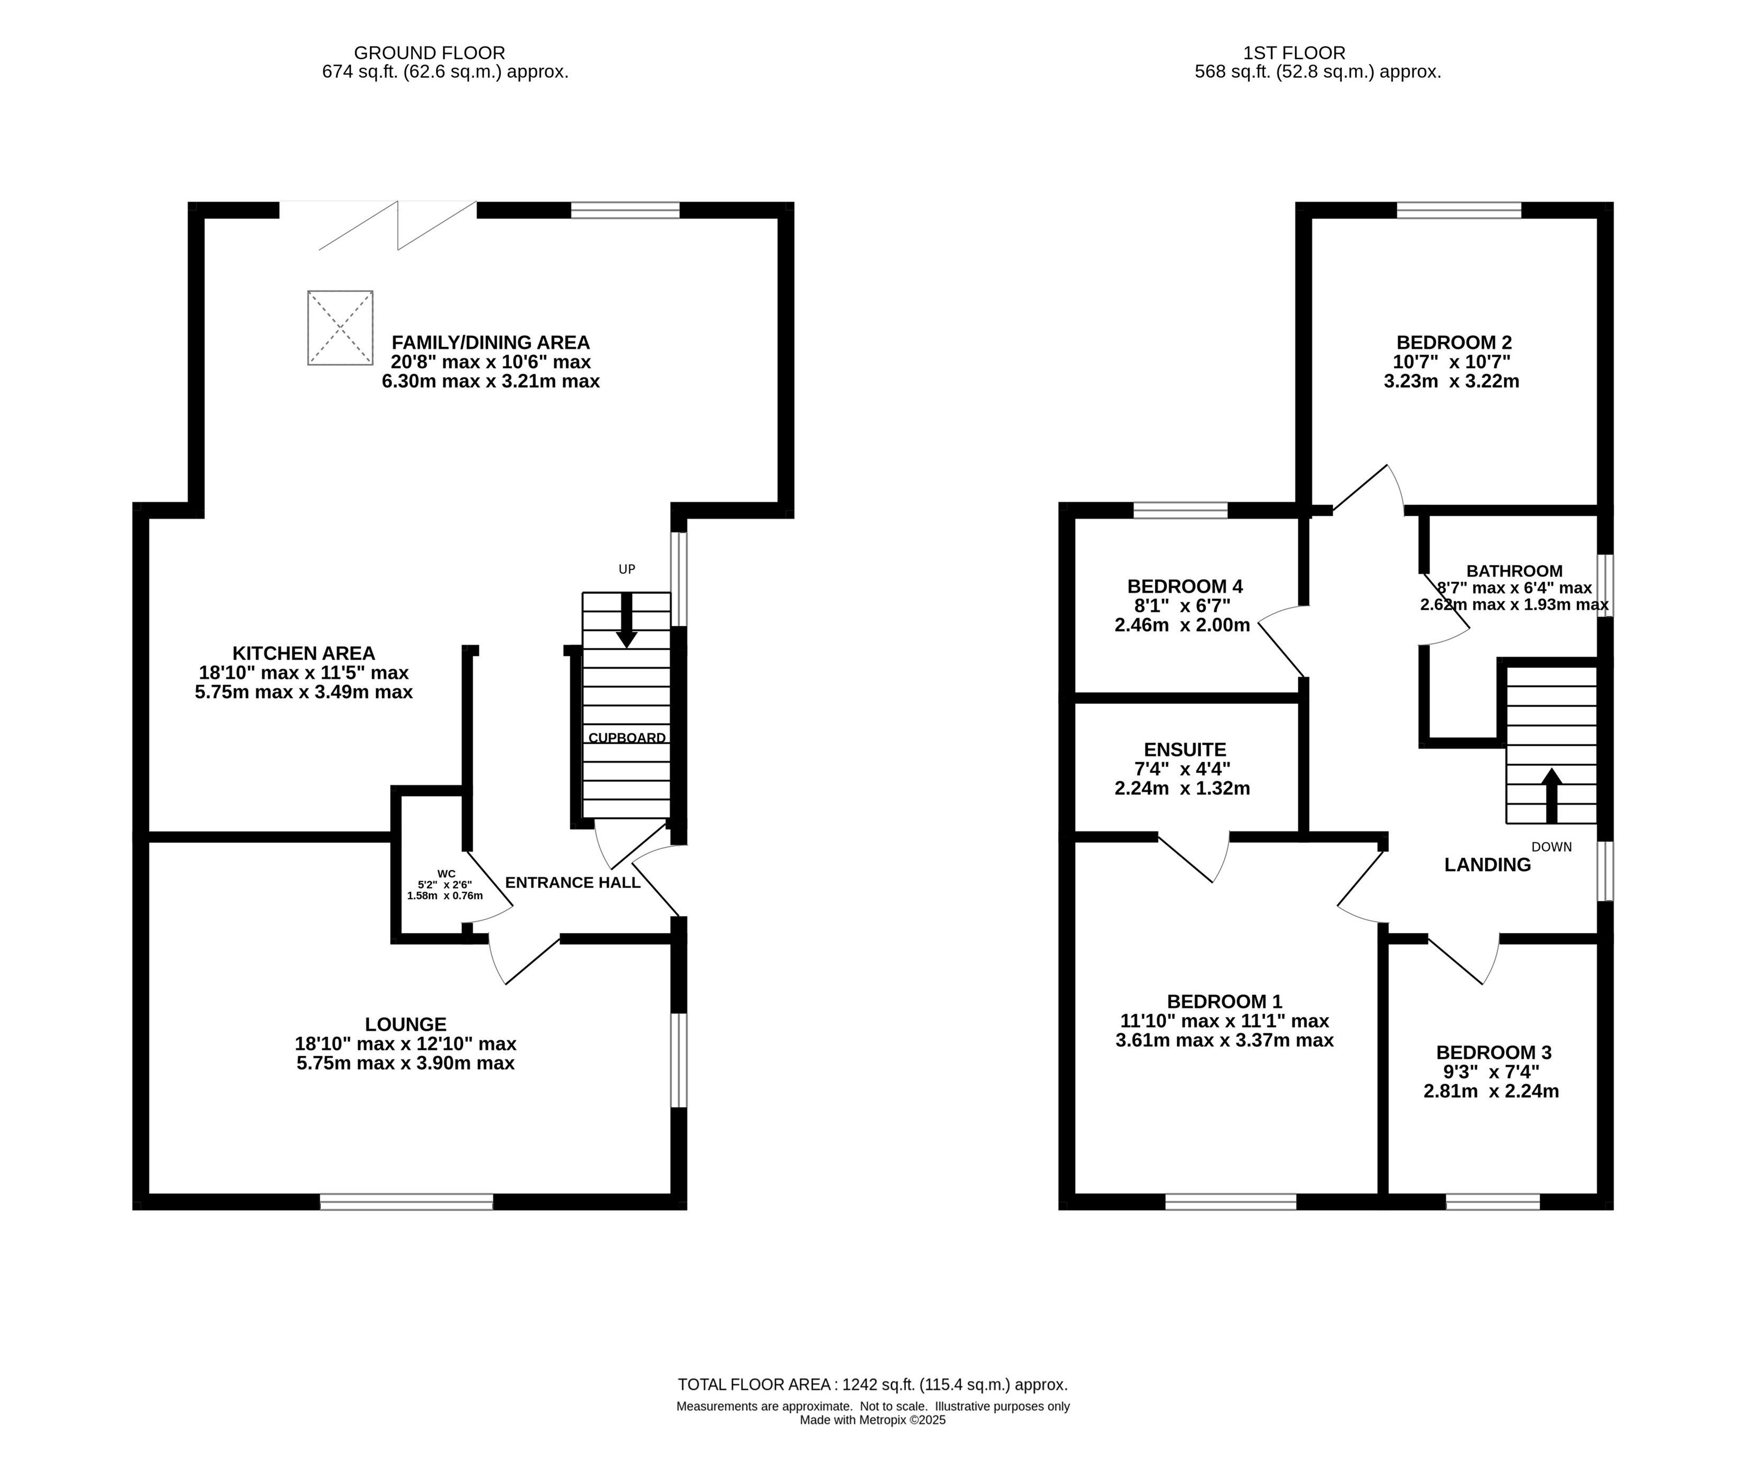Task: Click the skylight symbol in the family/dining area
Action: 340,327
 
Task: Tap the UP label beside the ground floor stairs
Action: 627,570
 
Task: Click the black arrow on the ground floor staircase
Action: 626,620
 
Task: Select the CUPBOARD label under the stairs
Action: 627,738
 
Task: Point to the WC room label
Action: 446,874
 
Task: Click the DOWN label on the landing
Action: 1551,847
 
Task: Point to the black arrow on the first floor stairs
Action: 1551,795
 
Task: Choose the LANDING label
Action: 1487,864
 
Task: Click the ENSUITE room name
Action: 1185,749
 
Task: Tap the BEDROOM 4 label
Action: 1185,587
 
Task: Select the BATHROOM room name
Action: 1514,571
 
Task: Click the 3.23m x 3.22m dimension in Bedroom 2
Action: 1452,381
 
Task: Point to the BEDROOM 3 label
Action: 1493,1053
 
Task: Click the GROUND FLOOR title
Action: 430,53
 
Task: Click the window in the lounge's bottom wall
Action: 407,1202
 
